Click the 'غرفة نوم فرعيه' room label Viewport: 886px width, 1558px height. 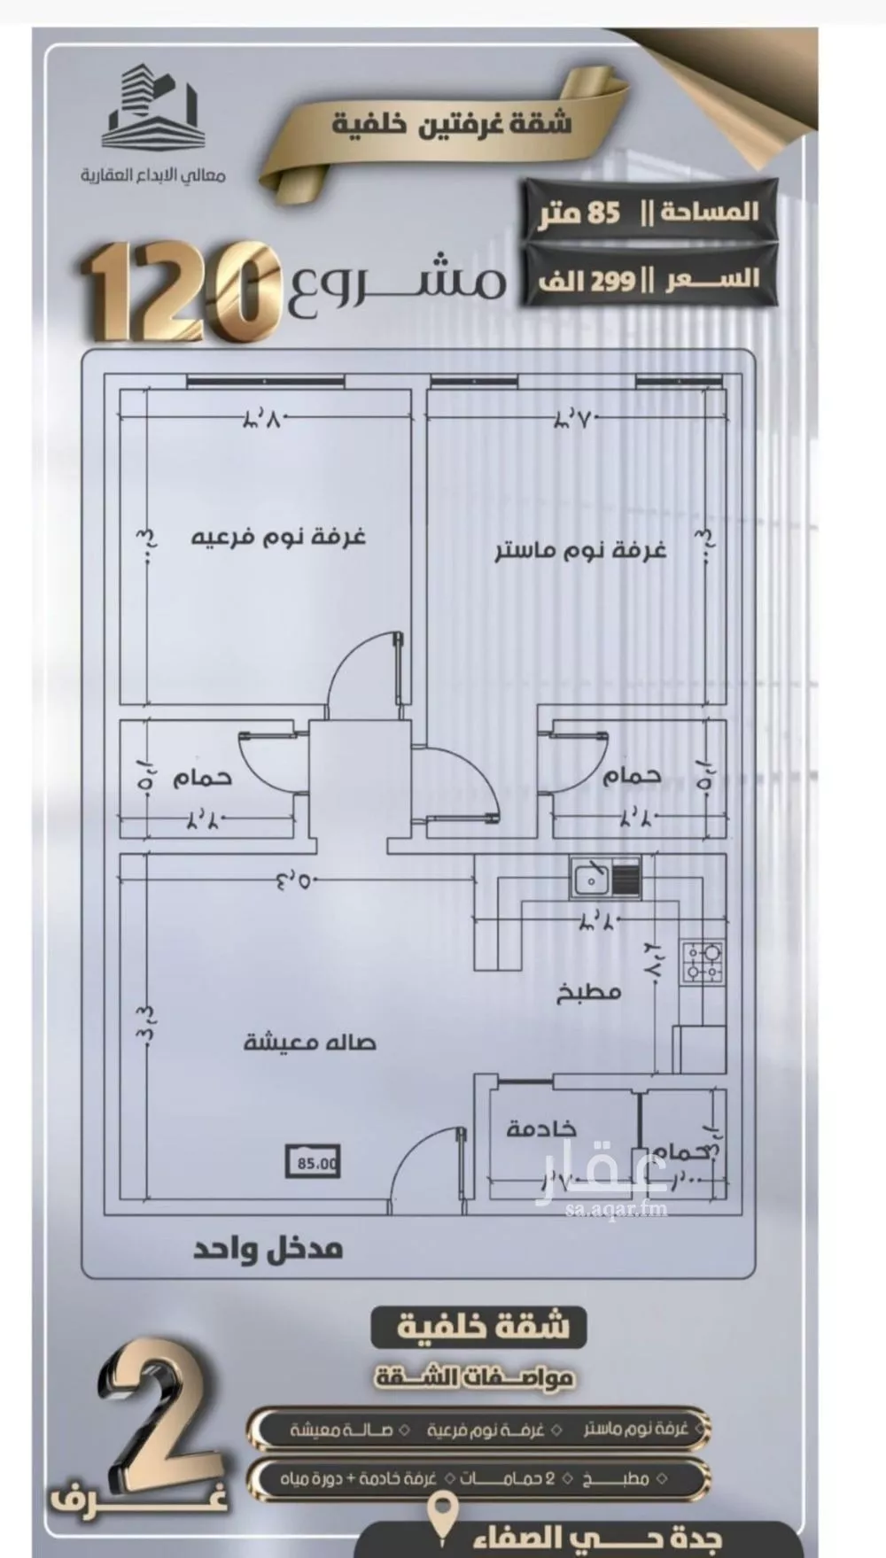[279, 536]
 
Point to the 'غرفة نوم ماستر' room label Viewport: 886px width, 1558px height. [579, 550]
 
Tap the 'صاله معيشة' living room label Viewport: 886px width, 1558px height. [309, 1041]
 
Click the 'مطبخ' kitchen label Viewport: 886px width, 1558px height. [588, 991]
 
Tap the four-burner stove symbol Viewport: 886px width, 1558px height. [703, 964]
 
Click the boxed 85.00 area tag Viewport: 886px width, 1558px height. [313, 1163]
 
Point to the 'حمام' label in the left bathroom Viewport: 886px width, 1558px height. [201, 777]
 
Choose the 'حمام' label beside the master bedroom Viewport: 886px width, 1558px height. [631, 775]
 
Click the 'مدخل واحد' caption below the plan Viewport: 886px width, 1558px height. [268, 1250]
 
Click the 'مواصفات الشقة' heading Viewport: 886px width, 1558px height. [475, 1377]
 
